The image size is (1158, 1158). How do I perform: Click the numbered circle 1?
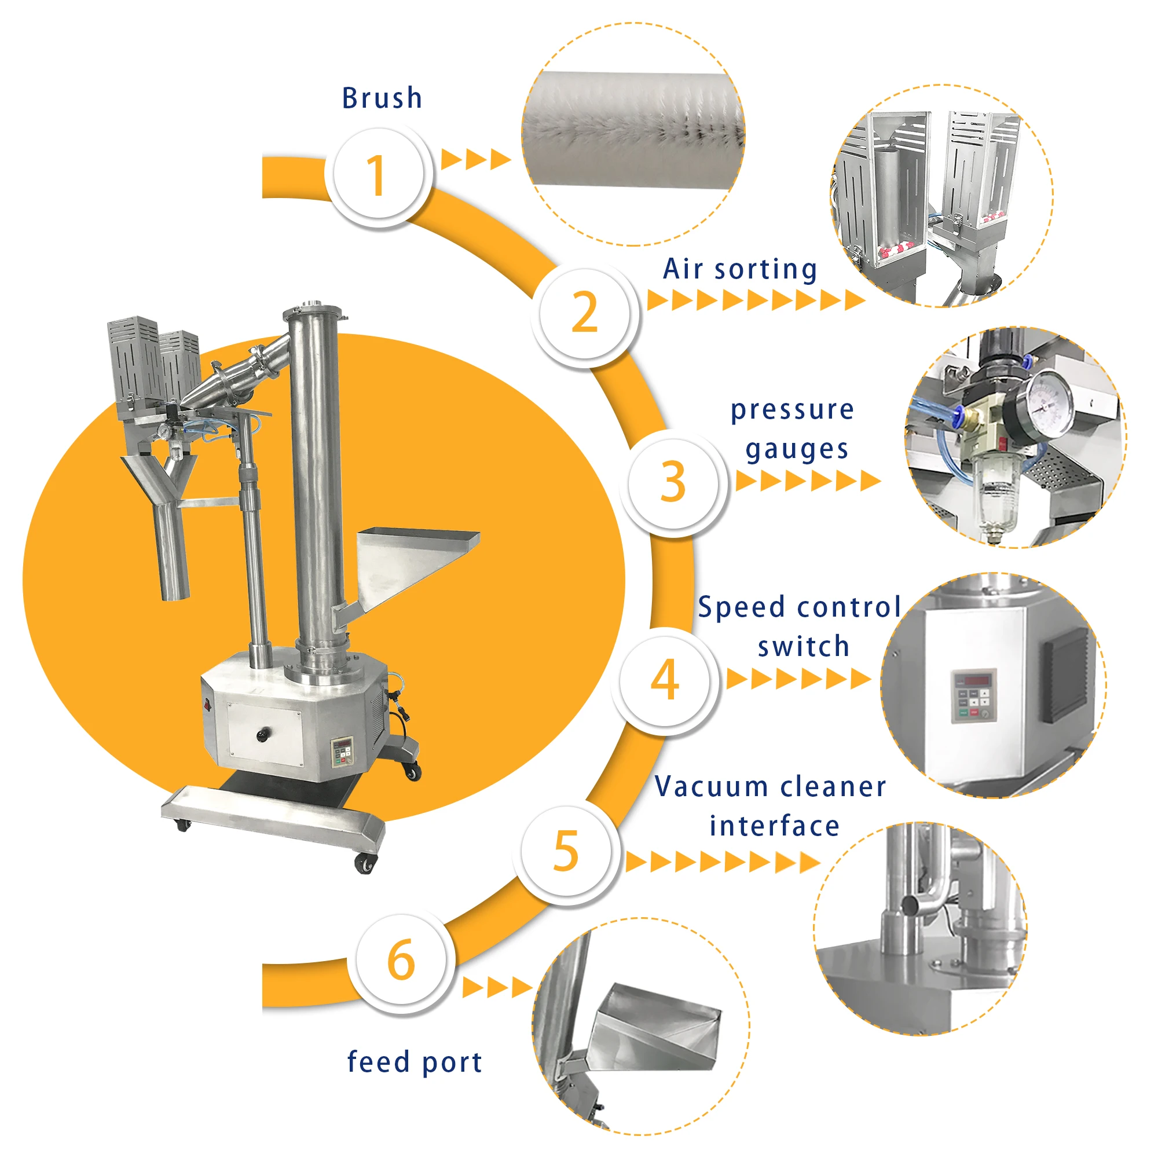pyautogui.click(x=378, y=174)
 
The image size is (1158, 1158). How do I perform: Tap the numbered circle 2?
pyautogui.click(x=584, y=312)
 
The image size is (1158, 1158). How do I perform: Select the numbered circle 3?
pyautogui.click(x=673, y=482)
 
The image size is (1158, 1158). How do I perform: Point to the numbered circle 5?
pyautogui.click(x=566, y=851)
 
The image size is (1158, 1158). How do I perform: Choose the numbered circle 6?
pyautogui.click(x=401, y=959)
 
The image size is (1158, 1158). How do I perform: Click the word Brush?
pyautogui.click(x=382, y=98)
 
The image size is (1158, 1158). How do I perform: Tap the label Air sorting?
pyautogui.click(x=739, y=269)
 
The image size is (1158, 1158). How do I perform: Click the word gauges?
pyautogui.click(x=797, y=449)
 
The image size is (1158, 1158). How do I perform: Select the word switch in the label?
pyautogui.click(x=803, y=647)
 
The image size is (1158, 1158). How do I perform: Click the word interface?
pyautogui.click(x=774, y=826)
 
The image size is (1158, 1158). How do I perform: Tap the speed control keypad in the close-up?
pyautogui.click(x=974, y=695)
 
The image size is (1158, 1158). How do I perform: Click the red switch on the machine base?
pyautogui.click(x=208, y=705)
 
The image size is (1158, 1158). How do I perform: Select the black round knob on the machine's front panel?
pyautogui.click(x=262, y=734)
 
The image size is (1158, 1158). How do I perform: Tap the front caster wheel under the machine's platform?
pyautogui.click(x=364, y=864)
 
